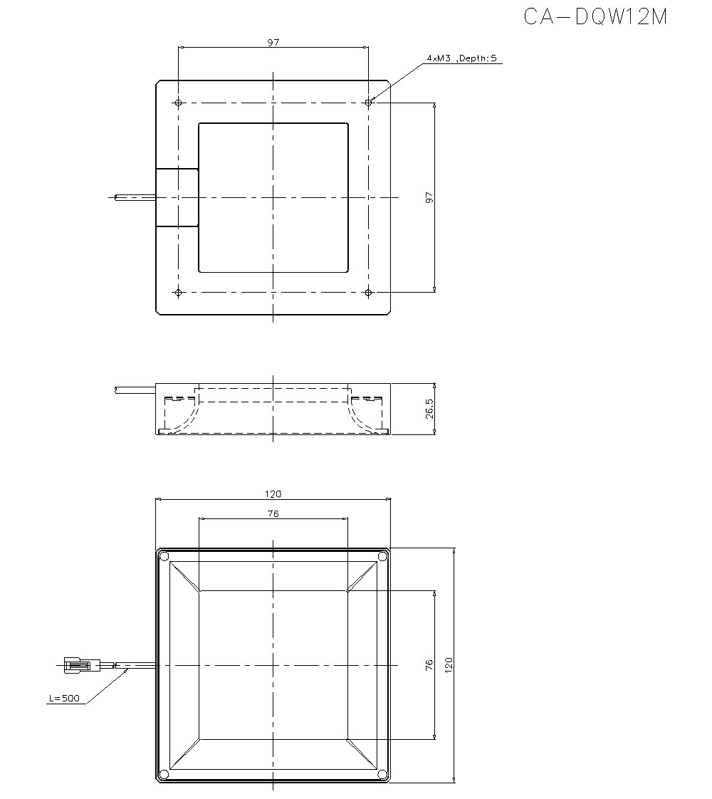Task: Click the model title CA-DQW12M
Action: coord(595,17)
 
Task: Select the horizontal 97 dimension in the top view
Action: coord(273,43)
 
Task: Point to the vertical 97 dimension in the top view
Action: coord(429,197)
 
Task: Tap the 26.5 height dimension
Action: coord(429,409)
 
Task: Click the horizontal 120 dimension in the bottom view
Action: coord(273,494)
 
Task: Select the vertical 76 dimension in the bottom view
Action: coord(429,665)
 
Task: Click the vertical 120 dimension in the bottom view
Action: coord(449,665)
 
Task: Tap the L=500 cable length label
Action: coord(63,699)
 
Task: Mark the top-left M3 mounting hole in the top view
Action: coord(178,103)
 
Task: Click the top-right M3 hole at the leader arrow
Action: coord(368,103)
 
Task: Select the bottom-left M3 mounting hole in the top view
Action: coord(178,292)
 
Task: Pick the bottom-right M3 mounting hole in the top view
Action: coord(368,292)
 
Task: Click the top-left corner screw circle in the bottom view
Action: coord(164,555)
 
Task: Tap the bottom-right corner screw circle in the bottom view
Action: coord(382,774)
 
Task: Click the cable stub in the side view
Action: coord(135,390)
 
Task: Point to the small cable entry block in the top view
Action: coord(177,197)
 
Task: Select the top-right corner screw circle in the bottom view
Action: coord(382,555)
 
